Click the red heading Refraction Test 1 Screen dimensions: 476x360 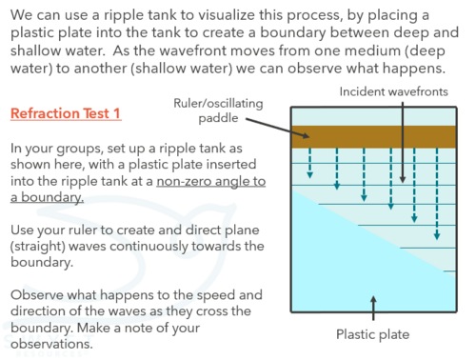point(66,113)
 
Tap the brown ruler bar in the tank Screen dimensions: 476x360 point(374,137)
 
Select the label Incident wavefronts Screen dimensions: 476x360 point(393,91)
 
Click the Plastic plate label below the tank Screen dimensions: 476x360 point(373,334)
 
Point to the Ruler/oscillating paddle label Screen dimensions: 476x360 point(218,110)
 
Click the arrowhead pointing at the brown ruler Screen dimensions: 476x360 point(306,135)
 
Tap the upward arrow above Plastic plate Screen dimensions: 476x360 point(373,308)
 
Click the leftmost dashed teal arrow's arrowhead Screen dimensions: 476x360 point(310,175)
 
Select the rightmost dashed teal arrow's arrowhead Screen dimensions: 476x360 point(437,236)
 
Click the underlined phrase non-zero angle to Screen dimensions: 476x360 point(211,181)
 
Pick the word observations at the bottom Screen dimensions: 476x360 point(51,344)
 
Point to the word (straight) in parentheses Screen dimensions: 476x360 point(38,247)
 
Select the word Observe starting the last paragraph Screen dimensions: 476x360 point(37,295)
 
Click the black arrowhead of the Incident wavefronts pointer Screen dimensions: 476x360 point(403,180)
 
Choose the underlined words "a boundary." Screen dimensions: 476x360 point(47,197)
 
